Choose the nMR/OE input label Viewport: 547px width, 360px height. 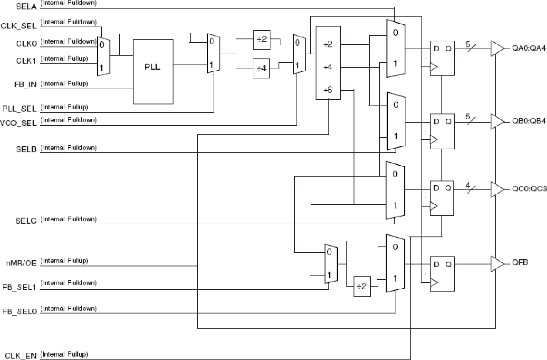point(21,263)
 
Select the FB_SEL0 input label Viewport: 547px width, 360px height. point(21,311)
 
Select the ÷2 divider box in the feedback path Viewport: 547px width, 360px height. point(361,286)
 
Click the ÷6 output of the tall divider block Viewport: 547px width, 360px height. point(328,90)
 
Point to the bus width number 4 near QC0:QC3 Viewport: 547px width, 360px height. point(468,185)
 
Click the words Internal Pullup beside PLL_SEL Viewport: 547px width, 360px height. point(64,107)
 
